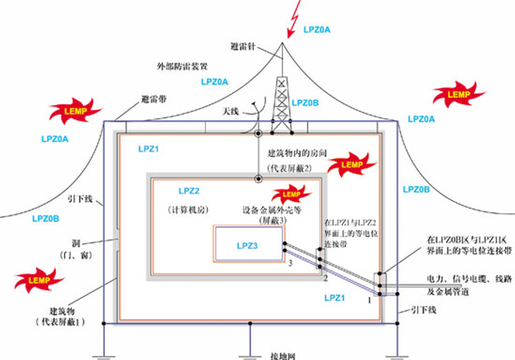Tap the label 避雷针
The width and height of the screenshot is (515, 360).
pos(242,46)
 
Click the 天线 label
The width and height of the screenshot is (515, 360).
pos(231,112)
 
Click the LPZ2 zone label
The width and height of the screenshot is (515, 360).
pos(189,191)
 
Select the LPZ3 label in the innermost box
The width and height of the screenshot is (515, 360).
pos(248,245)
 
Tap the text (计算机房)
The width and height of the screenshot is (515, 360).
pos(188,209)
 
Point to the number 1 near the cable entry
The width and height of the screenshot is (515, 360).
pos(369,300)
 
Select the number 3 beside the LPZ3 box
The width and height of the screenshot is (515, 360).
pos(290,263)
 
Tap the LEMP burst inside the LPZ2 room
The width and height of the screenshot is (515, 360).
pos(292,195)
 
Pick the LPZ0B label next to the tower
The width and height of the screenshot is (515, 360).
pos(305,103)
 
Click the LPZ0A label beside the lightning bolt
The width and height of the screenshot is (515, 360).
pos(317,29)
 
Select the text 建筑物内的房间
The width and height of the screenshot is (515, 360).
pos(296,153)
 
